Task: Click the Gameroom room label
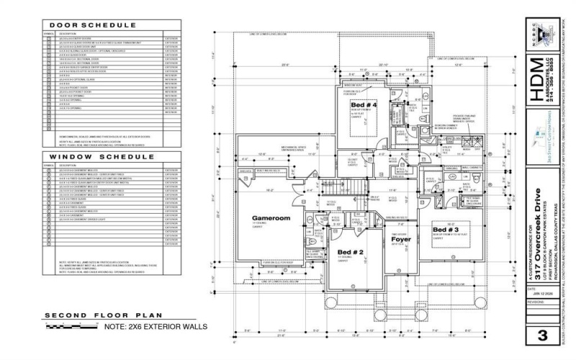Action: (x=270, y=217)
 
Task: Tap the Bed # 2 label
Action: (x=351, y=252)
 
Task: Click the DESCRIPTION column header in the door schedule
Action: (x=68, y=33)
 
